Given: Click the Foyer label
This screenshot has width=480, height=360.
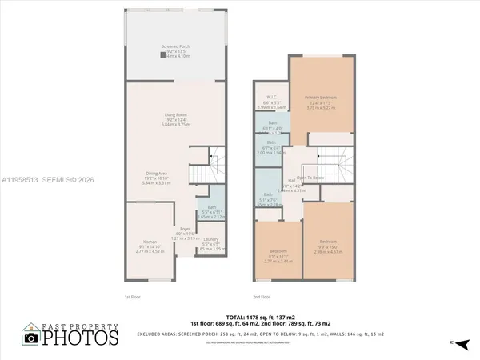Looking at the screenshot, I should tap(184, 230).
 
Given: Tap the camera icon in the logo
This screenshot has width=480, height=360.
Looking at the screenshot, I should tap(31, 337).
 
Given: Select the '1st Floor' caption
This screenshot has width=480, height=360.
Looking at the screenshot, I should tap(132, 296).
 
